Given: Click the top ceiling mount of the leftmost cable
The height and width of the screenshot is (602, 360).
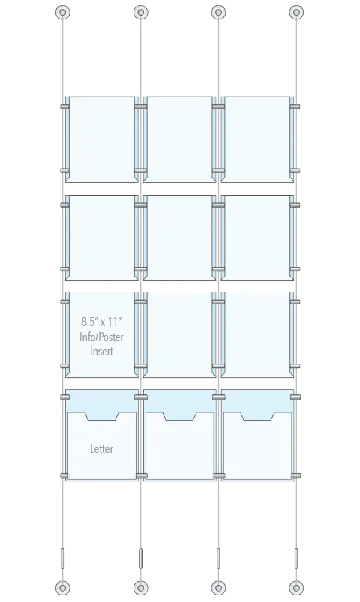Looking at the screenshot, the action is [63, 12].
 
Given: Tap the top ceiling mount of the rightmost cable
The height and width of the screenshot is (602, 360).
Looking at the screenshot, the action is [296, 12].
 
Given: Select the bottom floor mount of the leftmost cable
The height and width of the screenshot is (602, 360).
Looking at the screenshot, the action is [63, 588].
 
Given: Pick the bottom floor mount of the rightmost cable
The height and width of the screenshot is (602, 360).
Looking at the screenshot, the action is [296, 588].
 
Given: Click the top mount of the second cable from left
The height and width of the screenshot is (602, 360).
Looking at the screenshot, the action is [140, 12].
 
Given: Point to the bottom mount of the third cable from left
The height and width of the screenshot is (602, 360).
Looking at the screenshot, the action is [218, 588].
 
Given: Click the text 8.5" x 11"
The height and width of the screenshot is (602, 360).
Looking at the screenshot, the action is [101, 321].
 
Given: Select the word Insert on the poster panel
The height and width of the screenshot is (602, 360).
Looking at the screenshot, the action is [101, 351].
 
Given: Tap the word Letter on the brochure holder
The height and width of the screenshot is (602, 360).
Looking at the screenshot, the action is [101, 448].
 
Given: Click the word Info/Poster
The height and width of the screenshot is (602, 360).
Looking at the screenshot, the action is [101, 337].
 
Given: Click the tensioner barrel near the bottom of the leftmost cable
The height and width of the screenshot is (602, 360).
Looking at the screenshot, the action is [63, 559].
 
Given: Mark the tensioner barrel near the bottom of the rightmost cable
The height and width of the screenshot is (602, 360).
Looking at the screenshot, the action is [296, 559].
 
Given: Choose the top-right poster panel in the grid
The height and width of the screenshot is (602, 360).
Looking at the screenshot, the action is [257, 139].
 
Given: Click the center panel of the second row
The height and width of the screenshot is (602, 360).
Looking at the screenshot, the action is [179, 238].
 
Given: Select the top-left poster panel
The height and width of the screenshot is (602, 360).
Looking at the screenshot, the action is [102, 139].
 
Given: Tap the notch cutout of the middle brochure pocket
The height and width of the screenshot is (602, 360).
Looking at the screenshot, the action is [180, 416].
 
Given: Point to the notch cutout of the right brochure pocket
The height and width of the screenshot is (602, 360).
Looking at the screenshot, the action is [257, 416].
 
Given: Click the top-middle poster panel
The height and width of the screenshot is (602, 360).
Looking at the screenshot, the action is [179, 139].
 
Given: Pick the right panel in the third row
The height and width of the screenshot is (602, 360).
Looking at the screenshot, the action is [257, 334].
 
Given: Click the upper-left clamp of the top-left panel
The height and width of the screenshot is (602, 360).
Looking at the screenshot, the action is [65, 106].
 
